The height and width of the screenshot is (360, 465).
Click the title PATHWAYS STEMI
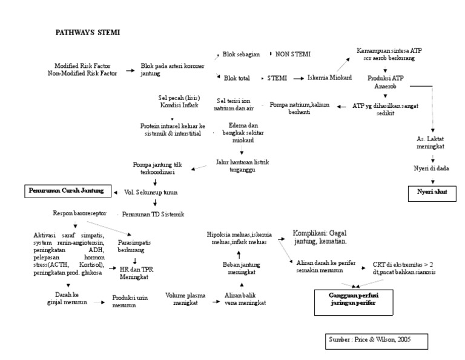pos(87,32)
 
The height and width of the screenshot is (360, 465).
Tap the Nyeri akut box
pos(431,193)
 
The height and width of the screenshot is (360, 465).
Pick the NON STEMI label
pos(293,54)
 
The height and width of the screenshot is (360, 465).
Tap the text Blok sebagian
pos(242,54)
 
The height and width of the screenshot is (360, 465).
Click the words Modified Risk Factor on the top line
pos(82,65)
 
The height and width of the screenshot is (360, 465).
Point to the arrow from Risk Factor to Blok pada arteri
pos(130,70)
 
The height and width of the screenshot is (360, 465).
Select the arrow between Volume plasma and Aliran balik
pos(209,300)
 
